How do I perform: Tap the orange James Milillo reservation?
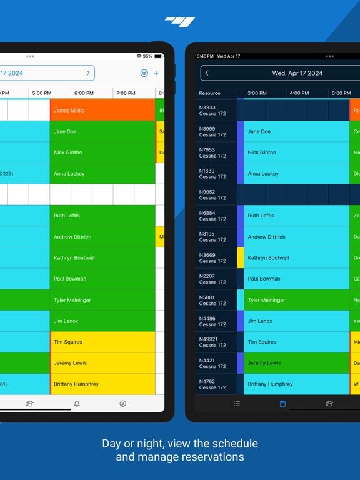pos(102,111)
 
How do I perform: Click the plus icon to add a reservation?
pos(156,73)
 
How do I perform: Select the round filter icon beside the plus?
pos(144,73)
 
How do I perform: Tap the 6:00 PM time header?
pos(84,93)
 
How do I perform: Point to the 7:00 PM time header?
pos(126,93)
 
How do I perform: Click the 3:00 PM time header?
pos(257,93)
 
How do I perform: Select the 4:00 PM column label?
pos(299,93)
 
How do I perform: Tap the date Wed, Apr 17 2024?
pos(297,73)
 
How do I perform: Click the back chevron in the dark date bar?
pos(207,73)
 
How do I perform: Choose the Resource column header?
pos(210,93)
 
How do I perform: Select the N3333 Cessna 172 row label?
pos(212,111)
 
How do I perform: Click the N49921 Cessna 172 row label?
pos(212,342)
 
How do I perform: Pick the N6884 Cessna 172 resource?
pos(212,216)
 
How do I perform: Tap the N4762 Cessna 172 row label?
pos(212,384)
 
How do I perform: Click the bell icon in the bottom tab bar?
pos(77,404)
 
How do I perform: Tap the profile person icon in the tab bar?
pos(122,404)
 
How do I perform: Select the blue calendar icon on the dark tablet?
pos(282,404)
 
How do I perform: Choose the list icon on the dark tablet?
pos(237,404)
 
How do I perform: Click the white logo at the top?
pos(180,22)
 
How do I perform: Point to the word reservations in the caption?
pos(212,457)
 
